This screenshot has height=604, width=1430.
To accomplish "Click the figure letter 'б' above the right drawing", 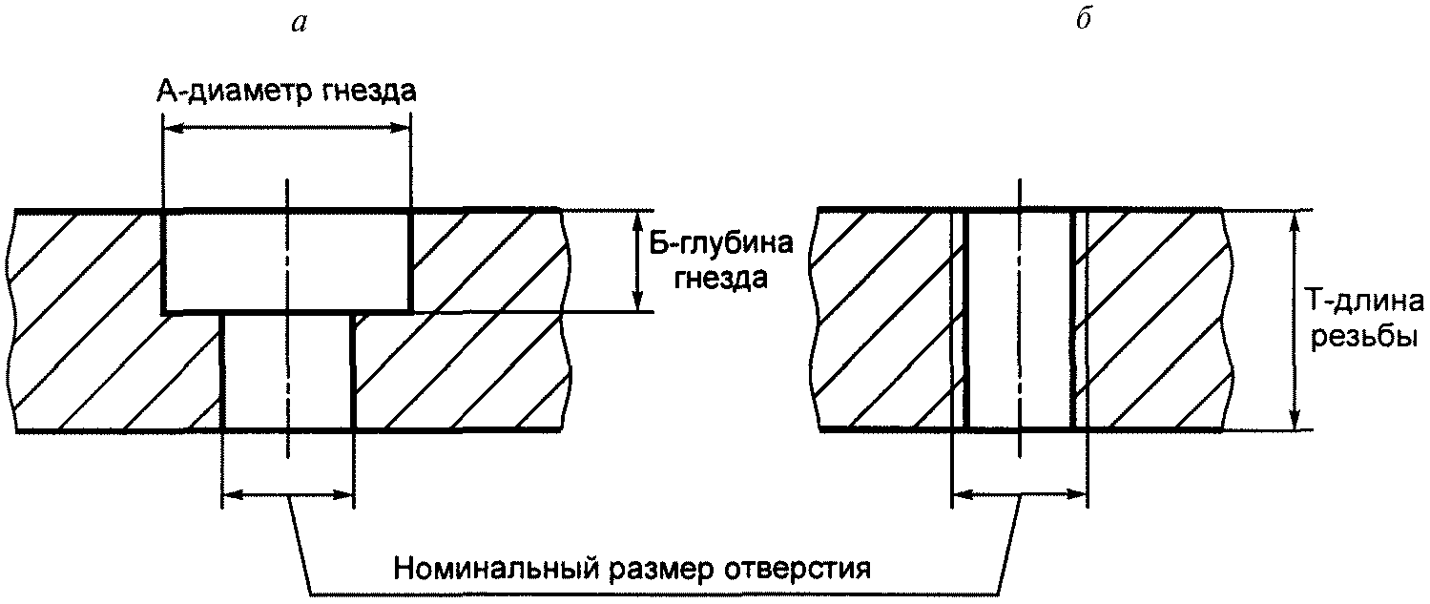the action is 1083,23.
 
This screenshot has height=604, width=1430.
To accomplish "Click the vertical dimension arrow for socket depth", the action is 636,260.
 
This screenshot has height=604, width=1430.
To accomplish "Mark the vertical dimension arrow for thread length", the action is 1294,320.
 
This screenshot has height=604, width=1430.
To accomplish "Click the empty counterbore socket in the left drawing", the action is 286,260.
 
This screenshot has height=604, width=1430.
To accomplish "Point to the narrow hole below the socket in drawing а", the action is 286,372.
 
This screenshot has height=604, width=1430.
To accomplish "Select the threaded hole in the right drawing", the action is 1019,320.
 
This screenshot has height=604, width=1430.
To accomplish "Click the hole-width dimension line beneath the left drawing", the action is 286,494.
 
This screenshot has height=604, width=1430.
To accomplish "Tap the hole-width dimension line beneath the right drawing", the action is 1019,494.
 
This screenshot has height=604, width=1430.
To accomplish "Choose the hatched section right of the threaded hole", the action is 1154,320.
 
